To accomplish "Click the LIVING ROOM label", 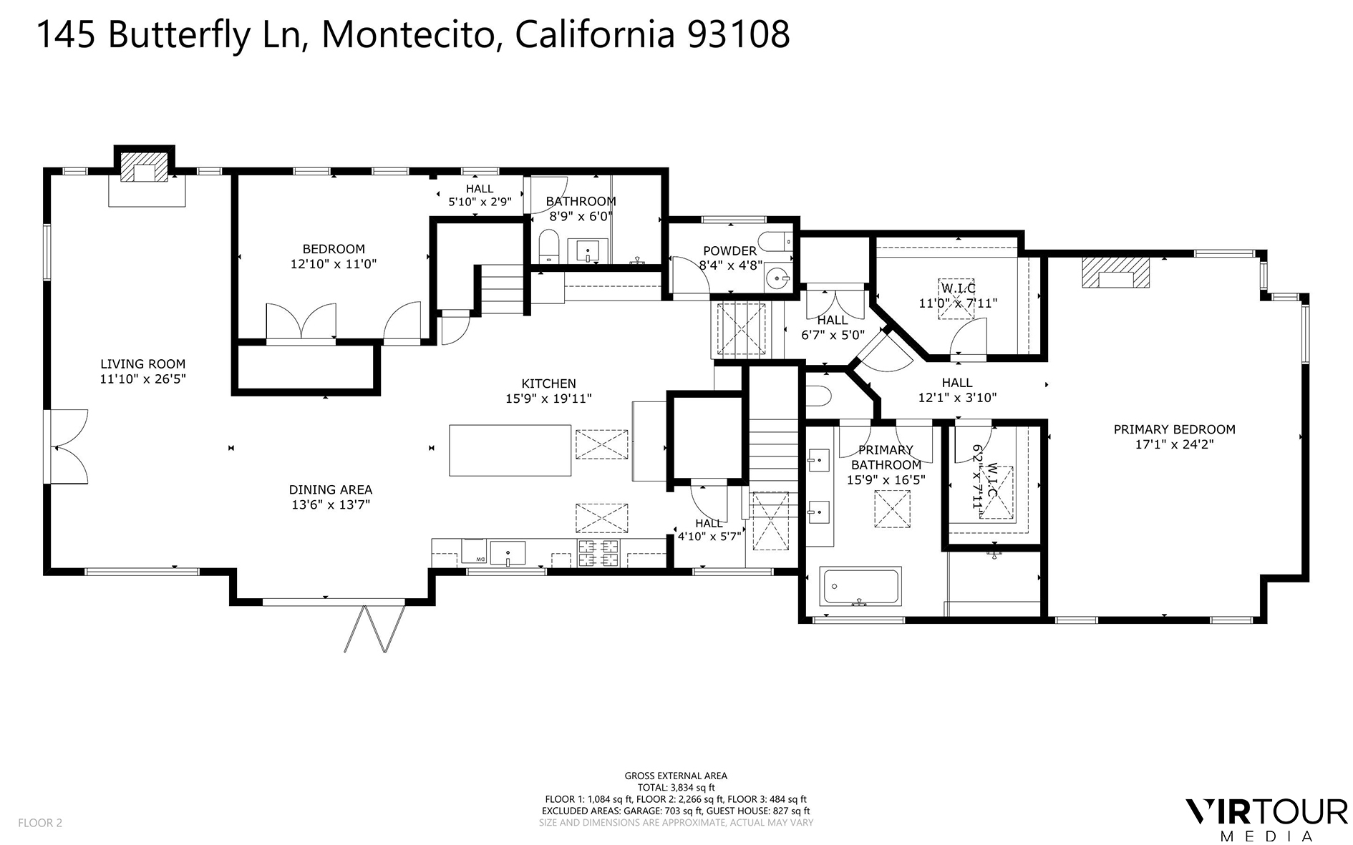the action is pos(142,364).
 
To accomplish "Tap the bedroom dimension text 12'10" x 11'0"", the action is pos(334,264).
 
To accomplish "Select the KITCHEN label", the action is pos(548,384).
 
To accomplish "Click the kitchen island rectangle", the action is pos(510,450).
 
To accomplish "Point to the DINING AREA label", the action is pos(331,490).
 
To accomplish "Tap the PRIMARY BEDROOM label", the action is pos(1174,429).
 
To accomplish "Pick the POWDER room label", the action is pos(729,251).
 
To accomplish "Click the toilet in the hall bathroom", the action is pos(549,245).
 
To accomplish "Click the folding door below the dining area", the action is pos(366,629).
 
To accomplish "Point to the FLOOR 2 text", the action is pos(40,823).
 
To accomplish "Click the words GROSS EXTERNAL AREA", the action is pos(676,776).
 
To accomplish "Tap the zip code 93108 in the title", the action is pos(738,34).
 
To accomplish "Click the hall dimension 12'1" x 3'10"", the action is pos(957,398).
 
